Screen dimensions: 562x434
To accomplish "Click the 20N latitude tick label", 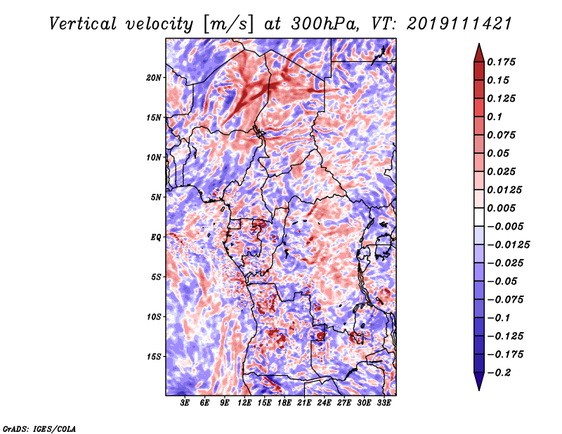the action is pos(154,78).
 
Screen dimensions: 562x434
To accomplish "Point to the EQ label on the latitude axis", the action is pos(155,237).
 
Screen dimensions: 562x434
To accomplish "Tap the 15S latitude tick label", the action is pos(154,357).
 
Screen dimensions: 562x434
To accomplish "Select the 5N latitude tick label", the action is pos(156,197).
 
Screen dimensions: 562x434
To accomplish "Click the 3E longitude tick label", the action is pos(185,403).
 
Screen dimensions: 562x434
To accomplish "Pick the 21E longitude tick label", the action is pos(304,403).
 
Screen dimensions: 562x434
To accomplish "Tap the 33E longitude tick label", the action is pos(384,403).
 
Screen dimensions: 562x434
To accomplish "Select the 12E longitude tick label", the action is pos(244,403).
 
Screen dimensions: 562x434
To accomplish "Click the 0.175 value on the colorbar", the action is pos(501,62).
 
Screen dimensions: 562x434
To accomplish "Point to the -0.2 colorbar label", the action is pos(499,373).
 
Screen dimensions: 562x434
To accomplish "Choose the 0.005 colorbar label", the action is pos(501,208).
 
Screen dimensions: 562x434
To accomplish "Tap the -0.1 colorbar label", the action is pos(499,318).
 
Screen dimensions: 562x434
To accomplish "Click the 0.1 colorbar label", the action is pos(495,117).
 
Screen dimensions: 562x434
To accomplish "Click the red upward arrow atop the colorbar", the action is pos(479,53).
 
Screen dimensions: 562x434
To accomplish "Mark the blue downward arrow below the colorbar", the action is pos(479,381).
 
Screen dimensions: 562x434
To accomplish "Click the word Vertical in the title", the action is pos(83,24).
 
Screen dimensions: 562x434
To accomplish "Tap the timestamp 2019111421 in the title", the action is pos(459,24).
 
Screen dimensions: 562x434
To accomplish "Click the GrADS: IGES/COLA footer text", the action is pos(39,429).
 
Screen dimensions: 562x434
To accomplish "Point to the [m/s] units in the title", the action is pos(228,25).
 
